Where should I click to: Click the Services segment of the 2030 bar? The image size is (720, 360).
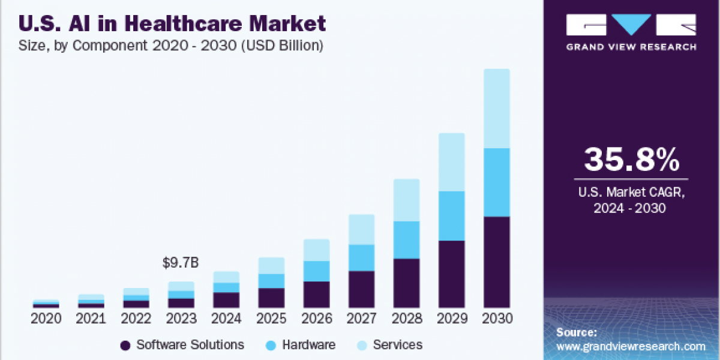point(497,109)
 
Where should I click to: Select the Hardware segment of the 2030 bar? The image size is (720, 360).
point(497,182)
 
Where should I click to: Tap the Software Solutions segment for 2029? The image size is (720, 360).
point(452,274)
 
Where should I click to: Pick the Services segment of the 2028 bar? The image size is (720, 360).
point(407,200)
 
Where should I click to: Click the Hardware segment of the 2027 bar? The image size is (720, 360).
point(361,257)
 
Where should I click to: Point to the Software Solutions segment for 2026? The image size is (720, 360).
point(316,295)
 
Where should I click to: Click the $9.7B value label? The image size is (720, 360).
point(181,263)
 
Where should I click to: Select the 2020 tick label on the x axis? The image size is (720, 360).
point(46,319)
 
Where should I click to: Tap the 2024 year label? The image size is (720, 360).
point(226,319)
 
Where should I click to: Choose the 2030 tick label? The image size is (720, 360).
point(497,319)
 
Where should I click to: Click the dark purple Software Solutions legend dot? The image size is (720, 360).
point(125,345)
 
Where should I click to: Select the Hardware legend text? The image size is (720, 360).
point(308,345)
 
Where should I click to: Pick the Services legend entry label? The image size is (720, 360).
point(397,345)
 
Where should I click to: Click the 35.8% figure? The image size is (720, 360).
point(631,160)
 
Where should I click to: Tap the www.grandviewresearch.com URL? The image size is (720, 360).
point(631,346)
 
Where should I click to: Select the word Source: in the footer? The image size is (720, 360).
point(576,332)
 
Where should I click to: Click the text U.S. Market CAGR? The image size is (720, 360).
point(631,193)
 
